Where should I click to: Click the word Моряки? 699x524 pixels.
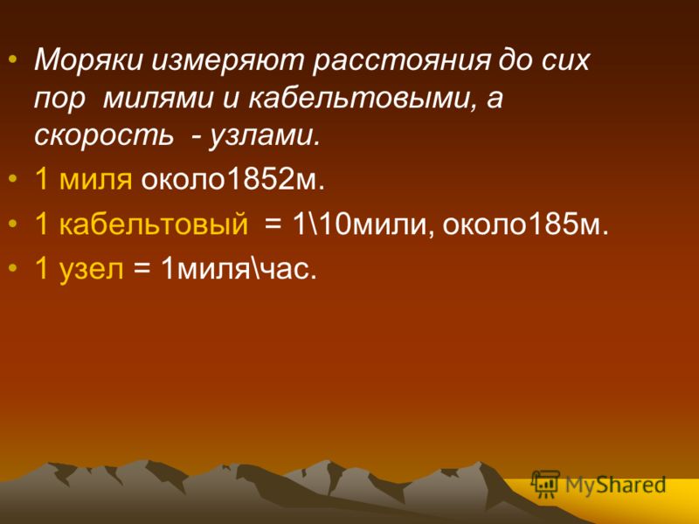point(88,59)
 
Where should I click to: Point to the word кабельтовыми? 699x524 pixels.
point(358,98)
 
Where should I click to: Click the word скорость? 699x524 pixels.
point(103,134)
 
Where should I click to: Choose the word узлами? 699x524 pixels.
point(265,135)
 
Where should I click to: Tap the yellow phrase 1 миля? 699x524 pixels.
point(83,180)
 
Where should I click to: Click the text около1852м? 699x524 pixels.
point(232,179)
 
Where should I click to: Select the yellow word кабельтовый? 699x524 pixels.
point(154,224)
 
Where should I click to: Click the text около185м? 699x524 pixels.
point(525,224)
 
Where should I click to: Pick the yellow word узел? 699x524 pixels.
point(91,269)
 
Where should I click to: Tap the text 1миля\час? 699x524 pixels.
point(239,268)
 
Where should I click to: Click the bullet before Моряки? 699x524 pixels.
point(14,60)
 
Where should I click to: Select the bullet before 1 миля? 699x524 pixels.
point(14,179)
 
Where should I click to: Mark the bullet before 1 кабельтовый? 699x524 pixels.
point(14,224)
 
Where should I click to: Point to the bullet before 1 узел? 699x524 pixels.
point(14,268)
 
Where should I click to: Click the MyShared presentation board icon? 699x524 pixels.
point(545,485)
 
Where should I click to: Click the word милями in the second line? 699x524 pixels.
point(158,99)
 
